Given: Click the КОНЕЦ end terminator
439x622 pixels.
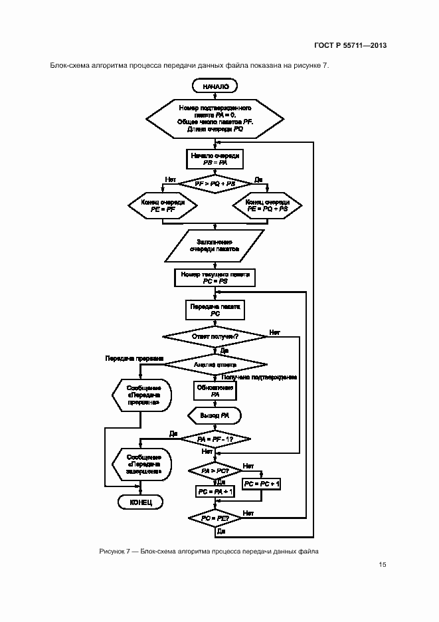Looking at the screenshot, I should point(140,502).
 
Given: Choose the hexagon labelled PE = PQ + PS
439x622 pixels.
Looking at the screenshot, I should point(267,205).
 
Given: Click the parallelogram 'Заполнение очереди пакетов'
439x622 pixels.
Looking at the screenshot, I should point(214,247).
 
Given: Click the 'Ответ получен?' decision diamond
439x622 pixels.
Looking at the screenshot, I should point(215,337).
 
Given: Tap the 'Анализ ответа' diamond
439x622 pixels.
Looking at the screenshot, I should point(215,364).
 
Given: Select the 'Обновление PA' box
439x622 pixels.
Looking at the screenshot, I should point(215,390).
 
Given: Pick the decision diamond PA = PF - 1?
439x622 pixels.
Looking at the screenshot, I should point(215,439).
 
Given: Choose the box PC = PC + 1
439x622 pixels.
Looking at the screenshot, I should point(262,484).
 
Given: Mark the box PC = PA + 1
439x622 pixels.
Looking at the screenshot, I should point(215,491).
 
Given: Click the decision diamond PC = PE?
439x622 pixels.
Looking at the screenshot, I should point(215,518).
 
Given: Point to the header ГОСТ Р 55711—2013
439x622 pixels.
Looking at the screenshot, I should point(351,46).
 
